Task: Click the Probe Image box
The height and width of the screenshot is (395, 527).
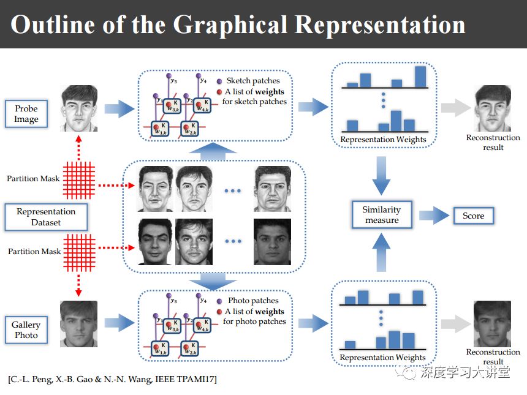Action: [x=26, y=114]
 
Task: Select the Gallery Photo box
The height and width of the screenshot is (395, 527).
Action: [x=26, y=329]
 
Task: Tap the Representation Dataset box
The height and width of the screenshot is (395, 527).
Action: [x=46, y=217]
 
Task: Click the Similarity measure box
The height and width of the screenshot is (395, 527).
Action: [x=382, y=215]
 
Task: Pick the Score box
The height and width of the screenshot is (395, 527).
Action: [x=473, y=216]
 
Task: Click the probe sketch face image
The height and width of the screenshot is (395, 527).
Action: [x=78, y=108]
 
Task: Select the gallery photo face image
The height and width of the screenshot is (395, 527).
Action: [x=78, y=324]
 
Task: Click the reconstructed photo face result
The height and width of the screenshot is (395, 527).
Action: [x=493, y=324]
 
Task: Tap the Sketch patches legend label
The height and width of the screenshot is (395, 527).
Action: [x=252, y=81]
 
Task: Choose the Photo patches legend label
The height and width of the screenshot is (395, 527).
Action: [x=252, y=301]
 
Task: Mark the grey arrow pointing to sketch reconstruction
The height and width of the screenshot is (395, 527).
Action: [x=455, y=108]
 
